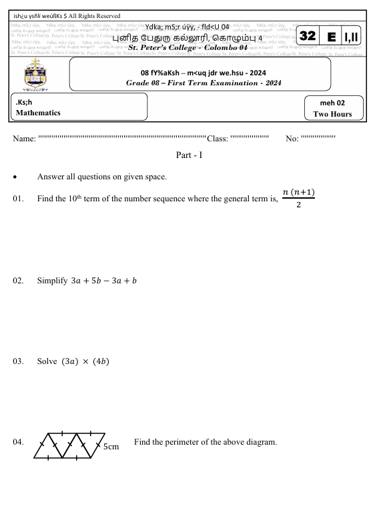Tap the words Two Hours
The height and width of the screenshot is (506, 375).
(x=332, y=114)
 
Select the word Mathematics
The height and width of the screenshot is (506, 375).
(x=38, y=113)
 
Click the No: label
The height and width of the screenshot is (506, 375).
(x=292, y=139)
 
